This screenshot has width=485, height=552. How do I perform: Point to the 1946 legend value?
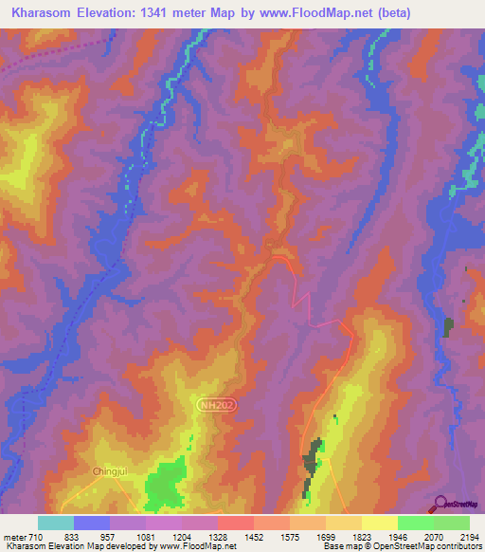click(x=400, y=537)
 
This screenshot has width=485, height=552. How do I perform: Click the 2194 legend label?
click(x=468, y=537)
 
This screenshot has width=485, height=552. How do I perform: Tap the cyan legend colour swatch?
click(x=56, y=523)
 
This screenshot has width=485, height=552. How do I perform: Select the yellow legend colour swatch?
click(x=380, y=523)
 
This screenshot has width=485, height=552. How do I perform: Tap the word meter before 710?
click(x=17, y=537)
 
